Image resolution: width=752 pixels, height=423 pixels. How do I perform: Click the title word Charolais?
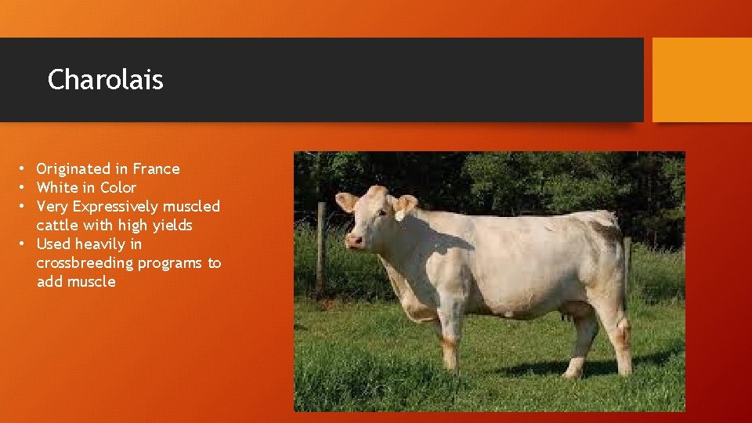105,80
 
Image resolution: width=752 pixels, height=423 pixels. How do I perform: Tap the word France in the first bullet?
156,169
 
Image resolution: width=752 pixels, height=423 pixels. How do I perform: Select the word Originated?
74,169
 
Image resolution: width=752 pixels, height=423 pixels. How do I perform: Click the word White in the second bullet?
57,188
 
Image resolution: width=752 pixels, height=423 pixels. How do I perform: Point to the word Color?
118,188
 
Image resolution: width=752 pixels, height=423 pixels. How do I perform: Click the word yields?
174,226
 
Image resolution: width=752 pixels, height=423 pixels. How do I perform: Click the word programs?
171,263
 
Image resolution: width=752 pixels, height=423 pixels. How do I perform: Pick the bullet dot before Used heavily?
25,244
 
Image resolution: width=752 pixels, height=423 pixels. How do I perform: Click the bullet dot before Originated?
25,169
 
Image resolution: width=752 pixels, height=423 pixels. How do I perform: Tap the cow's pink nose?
354,240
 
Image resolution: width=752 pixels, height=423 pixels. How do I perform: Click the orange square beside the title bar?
702,80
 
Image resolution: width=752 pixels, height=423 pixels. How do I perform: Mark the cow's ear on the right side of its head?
405,205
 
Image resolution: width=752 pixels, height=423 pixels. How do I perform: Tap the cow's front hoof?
450,364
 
